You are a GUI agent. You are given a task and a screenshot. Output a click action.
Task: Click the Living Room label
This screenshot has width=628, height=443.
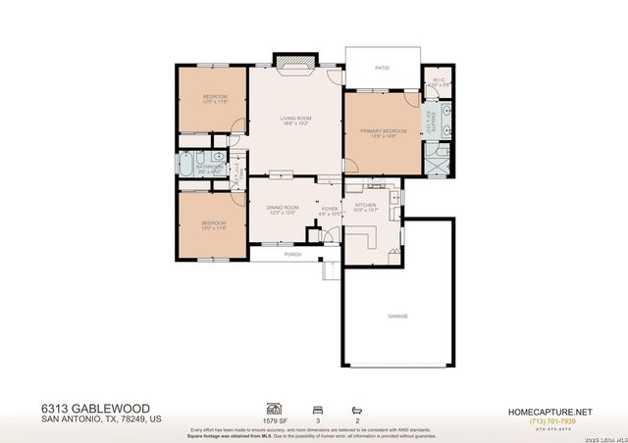point(295,118)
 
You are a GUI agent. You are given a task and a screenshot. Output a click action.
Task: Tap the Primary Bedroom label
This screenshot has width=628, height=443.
point(383,131)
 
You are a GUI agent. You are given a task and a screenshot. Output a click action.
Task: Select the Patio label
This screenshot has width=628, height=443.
point(382,69)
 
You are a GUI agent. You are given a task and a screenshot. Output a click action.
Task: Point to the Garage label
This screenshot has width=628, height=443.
point(397,316)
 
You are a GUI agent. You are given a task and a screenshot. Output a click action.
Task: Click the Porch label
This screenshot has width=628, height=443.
point(292,254)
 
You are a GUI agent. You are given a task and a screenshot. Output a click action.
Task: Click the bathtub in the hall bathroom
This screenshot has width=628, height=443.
point(186,164)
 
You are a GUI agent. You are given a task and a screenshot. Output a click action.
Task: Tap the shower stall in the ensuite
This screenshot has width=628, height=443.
point(440,157)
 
